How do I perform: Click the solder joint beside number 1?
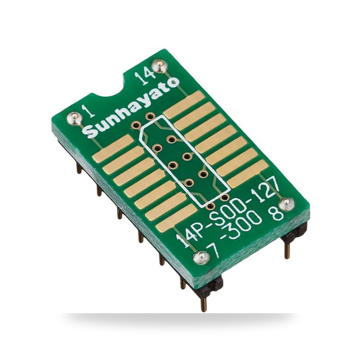tap(74, 118)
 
